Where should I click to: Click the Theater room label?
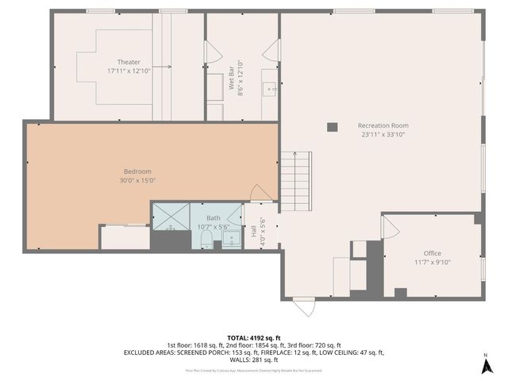click(x=129, y=62)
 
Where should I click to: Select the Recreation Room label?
click(x=383, y=125)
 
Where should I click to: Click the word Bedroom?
click(x=137, y=171)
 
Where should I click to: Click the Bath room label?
click(x=214, y=217)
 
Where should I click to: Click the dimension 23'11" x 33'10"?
click(x=383, y=134)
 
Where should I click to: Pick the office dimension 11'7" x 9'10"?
click(x=432, y=262)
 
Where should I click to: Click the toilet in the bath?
click(x=206, y=239)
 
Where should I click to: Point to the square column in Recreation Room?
click(x=333, y=125)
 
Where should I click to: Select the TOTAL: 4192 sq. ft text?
click(x=254, y=337)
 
